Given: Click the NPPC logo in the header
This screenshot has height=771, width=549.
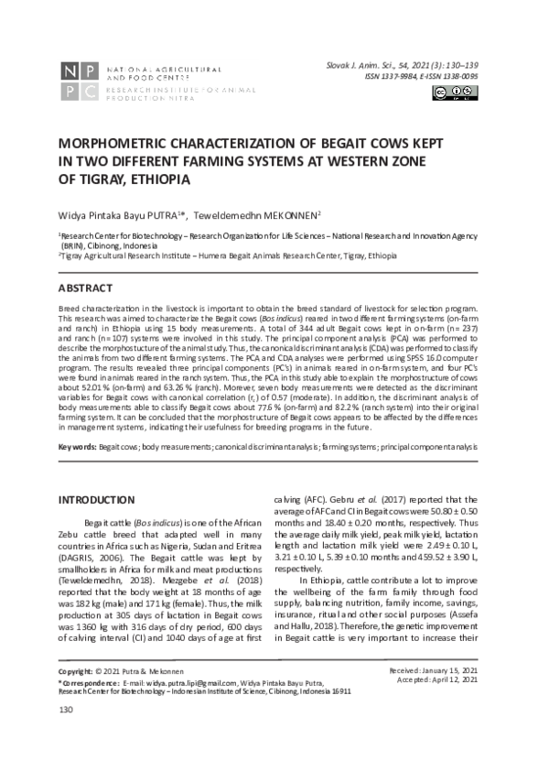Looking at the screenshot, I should pos(79,82).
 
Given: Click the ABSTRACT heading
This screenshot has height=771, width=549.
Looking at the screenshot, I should pos(88,288).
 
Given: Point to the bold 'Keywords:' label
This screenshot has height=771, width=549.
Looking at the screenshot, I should pos(77,446).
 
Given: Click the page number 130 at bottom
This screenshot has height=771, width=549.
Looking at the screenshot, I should pos(66,734).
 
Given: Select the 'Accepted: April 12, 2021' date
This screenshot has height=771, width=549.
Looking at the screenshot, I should pos(443,707).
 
